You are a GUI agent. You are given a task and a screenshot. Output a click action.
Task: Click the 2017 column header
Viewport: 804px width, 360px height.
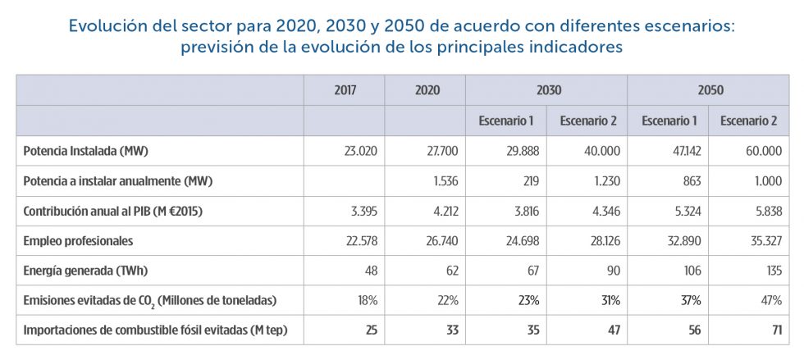pyautogui.click(x=345, y=90)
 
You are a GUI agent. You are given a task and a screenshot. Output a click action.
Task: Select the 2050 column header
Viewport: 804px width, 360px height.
pyautogui.click(x=710, y=90)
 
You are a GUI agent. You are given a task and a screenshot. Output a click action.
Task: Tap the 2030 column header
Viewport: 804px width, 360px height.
pyautogui.click(x=546, y=90)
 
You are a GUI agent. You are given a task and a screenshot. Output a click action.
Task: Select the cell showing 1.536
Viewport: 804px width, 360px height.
pyautogui.click(x=442, y=181)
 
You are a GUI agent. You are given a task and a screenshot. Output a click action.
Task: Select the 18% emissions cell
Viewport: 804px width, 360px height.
pyautogui.click(x=364, y=300)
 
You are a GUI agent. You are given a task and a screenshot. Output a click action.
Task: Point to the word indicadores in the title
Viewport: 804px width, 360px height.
pyautogui.click(x=568, y=47)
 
